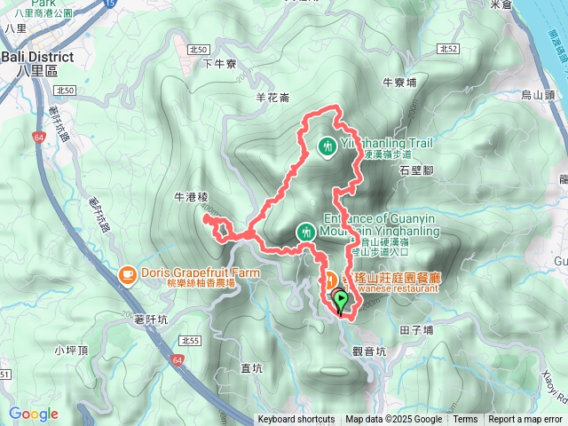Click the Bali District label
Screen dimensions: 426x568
tap(35, 57)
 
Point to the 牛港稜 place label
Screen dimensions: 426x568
tap(190, 197)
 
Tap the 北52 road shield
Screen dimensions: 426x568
tap(448, 48)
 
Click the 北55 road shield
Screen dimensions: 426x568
tap(188, 341)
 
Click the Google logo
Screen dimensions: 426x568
tap(33, 414)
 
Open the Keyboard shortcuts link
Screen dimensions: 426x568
tap(296, 420)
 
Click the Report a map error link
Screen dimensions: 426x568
tap(526, 420)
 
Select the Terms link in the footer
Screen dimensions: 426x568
tap(465, 420)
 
